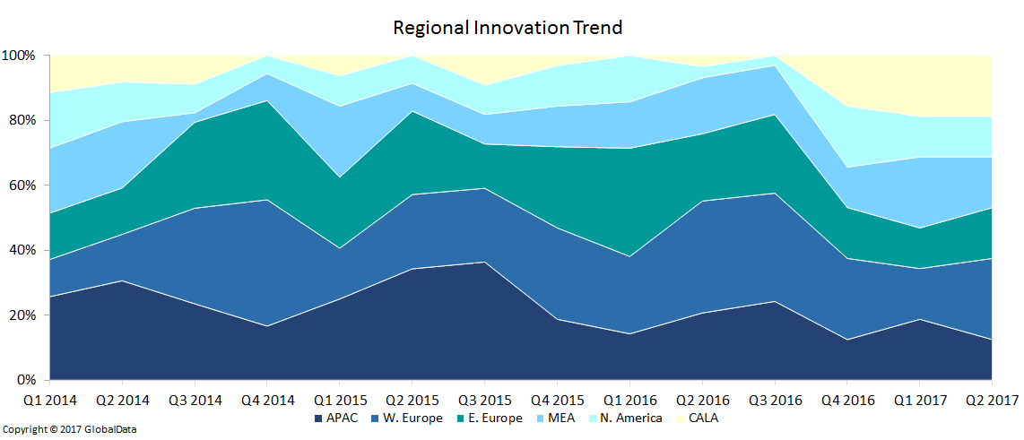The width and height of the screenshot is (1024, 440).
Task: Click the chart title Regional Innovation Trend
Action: tap(508, 28)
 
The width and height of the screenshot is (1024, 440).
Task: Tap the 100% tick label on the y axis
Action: tap(19, 56)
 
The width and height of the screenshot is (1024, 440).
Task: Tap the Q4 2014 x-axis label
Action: tap(267, 401)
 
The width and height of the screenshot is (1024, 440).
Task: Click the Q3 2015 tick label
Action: tap(484, 401)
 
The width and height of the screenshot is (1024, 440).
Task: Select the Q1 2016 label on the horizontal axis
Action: tap(629, 401)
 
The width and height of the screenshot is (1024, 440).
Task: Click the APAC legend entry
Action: tap(337, 418)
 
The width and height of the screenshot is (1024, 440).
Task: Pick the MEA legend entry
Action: tap(559, 418)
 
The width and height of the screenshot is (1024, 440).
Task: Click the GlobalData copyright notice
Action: tap(69, 430)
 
